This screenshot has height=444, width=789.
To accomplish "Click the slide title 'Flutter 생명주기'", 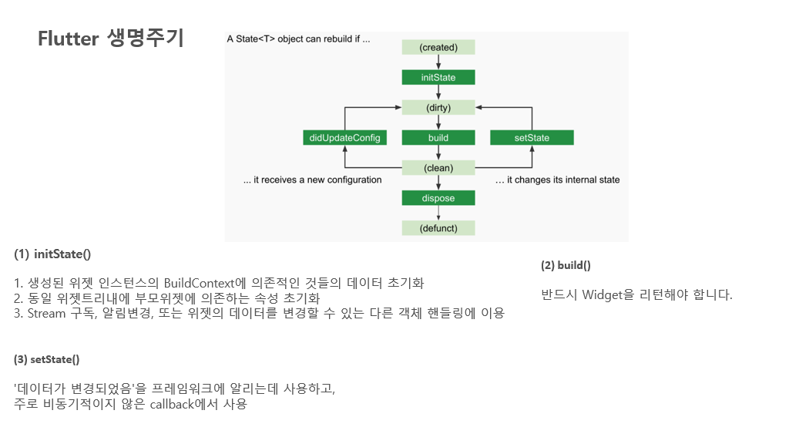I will click(111, 39).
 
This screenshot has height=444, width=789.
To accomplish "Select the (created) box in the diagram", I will click(438, 47).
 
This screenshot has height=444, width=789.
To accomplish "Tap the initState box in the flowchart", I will click(438, 77).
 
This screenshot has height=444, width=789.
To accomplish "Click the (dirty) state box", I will click(438, 107).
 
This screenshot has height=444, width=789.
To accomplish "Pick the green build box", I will click(438, 138).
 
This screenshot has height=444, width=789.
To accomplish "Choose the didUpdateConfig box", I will click(344, 138).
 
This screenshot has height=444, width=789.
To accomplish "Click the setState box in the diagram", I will click(532, 138).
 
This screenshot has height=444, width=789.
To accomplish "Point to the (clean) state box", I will click(438, 167).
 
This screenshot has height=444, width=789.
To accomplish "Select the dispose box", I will click(438, 198).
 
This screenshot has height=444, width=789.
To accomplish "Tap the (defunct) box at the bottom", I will click(438, 228).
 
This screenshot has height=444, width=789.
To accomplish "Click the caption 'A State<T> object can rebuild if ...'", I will click(298, 39).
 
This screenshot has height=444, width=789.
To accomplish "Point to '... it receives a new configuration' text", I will click(312, 180).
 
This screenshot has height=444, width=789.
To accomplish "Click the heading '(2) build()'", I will click(566, 265).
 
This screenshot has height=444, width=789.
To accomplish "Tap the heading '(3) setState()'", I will click(47, 359).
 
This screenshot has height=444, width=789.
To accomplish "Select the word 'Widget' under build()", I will click(605, 294).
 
